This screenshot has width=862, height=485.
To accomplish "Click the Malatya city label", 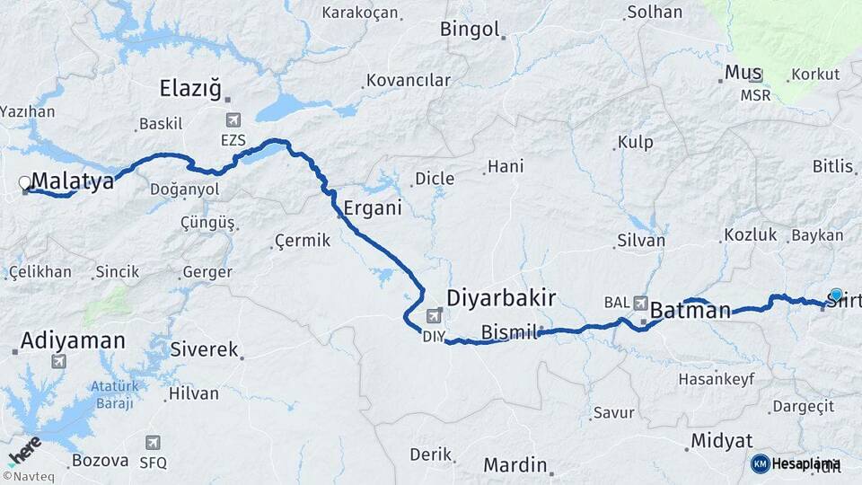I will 73,181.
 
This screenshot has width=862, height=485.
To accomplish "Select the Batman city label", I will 690,311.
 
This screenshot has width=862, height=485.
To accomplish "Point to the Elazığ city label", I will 189,88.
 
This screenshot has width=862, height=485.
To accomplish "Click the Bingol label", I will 469,29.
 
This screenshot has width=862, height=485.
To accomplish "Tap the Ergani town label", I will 372,208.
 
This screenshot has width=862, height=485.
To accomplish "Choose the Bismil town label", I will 508,332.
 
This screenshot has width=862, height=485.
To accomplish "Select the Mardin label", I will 515,464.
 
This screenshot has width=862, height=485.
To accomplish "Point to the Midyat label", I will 721,441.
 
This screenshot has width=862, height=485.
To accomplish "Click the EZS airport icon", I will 234,120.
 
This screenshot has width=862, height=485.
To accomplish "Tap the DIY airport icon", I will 435,316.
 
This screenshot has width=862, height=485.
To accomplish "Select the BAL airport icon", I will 640,303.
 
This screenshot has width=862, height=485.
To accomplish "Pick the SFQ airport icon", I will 154,442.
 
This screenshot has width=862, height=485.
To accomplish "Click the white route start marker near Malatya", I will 25,183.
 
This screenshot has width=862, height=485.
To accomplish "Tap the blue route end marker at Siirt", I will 837,295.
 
